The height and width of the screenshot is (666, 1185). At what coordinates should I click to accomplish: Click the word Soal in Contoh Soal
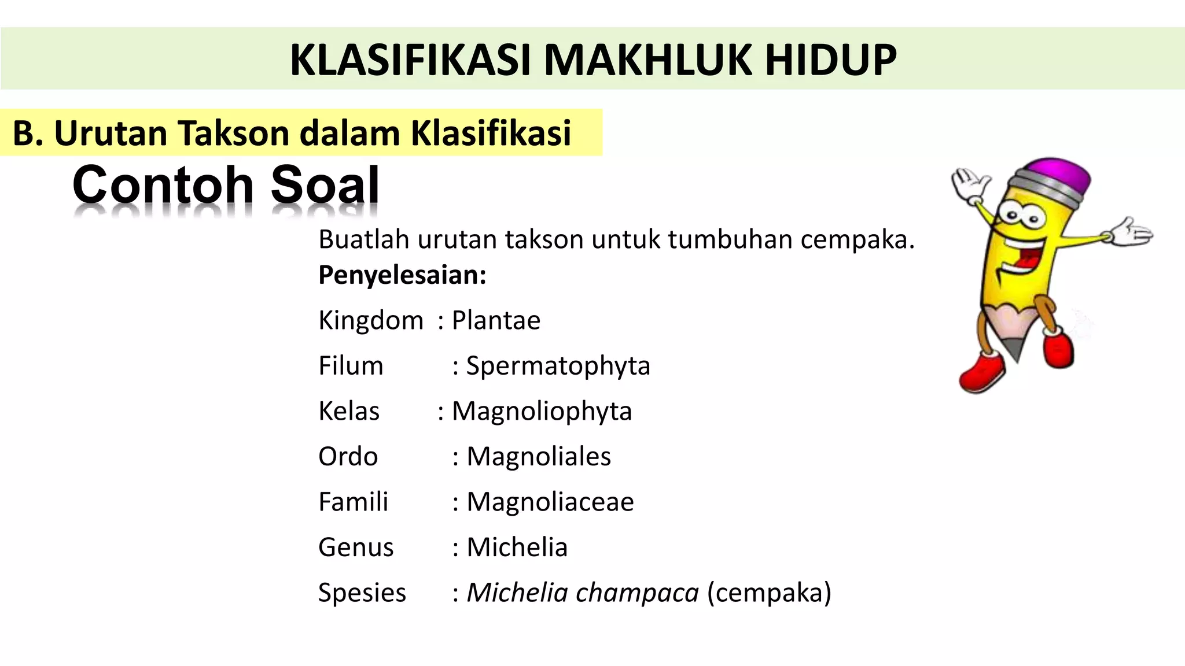click(x=325, y=185)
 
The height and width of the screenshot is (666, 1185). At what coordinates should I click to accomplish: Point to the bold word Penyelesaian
click(x=402, y=275)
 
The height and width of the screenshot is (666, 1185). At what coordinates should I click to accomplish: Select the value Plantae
click(x=496, y=320)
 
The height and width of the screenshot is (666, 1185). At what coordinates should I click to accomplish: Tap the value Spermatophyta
click(x=558, y=366)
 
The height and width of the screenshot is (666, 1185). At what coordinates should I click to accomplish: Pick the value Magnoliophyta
click(x=542, y=412)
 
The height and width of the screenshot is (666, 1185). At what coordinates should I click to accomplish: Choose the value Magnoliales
click(x=539, y=457)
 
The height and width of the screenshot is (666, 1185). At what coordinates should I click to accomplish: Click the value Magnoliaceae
click(x=550, y=502)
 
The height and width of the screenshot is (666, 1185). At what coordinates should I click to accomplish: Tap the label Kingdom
click(x=371, y=320)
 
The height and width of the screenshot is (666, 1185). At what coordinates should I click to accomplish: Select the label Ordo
click(x=348, y=457)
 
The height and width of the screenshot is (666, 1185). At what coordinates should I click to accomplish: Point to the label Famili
click(x=353, y=502)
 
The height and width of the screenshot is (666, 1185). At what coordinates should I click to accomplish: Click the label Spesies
click(x=362, y=593)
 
